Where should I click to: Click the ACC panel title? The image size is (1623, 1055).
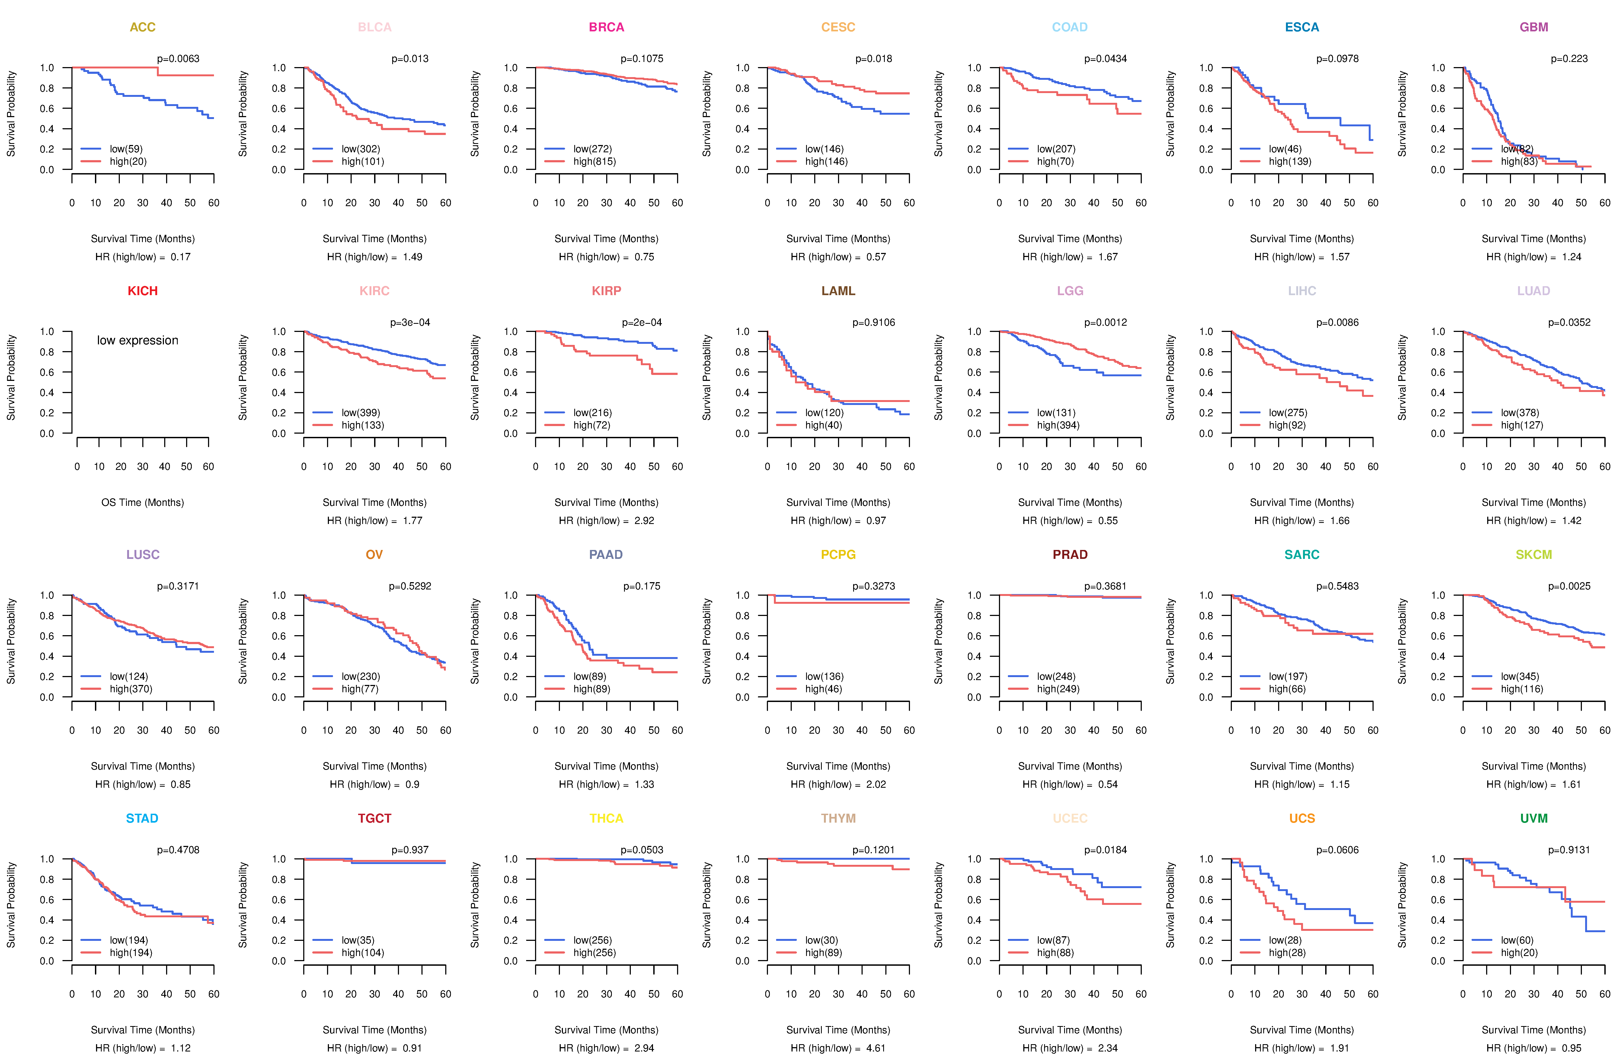pos(143,27)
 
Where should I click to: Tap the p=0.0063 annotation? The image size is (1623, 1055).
pos(178,59)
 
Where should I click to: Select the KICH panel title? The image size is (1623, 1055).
pos(143,291)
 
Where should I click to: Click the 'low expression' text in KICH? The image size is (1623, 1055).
pos(138,340)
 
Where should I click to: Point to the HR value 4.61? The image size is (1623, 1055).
pos(876,1048)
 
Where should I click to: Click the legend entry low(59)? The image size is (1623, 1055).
pos(126,149)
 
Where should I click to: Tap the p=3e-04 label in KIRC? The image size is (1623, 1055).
pos(410,322)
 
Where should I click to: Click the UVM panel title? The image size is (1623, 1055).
pos(1534,818)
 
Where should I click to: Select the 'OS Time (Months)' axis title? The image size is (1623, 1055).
pos(143,503)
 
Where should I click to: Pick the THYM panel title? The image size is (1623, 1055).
pos(838,818)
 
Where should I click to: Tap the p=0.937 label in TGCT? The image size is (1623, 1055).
pos(410,850)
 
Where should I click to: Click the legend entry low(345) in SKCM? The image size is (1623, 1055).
pos(1519,677)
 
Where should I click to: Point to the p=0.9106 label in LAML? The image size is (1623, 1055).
pos(873,322)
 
